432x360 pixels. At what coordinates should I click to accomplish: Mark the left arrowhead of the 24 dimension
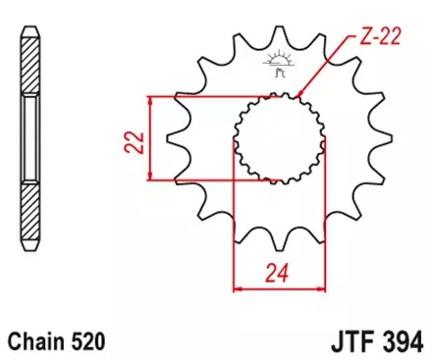tap(237, 288)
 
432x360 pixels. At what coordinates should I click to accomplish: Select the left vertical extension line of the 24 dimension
tap(234, 226)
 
